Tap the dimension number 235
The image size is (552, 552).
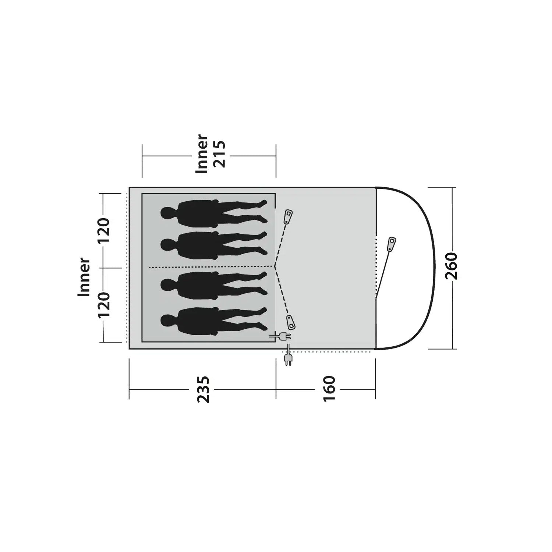pos(203,389)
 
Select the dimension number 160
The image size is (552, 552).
pos(329,389)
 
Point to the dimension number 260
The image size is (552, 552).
pos(451,266)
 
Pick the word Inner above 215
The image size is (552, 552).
pos(202,154)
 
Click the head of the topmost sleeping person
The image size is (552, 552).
pos(167,213)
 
